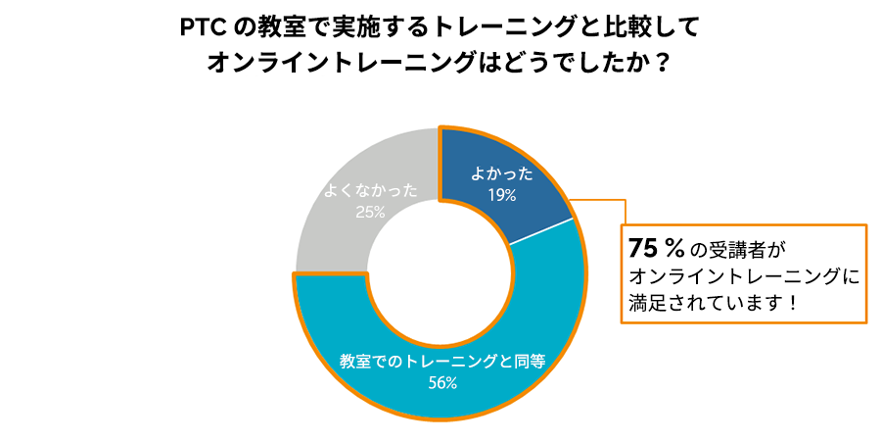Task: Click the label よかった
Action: point(502,174)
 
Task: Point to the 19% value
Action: point(502,195)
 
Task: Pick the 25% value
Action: point(370,211)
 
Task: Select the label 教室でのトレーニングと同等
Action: point(441,361)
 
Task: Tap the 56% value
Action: point(442,382)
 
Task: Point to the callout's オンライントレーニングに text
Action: point(744,275)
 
